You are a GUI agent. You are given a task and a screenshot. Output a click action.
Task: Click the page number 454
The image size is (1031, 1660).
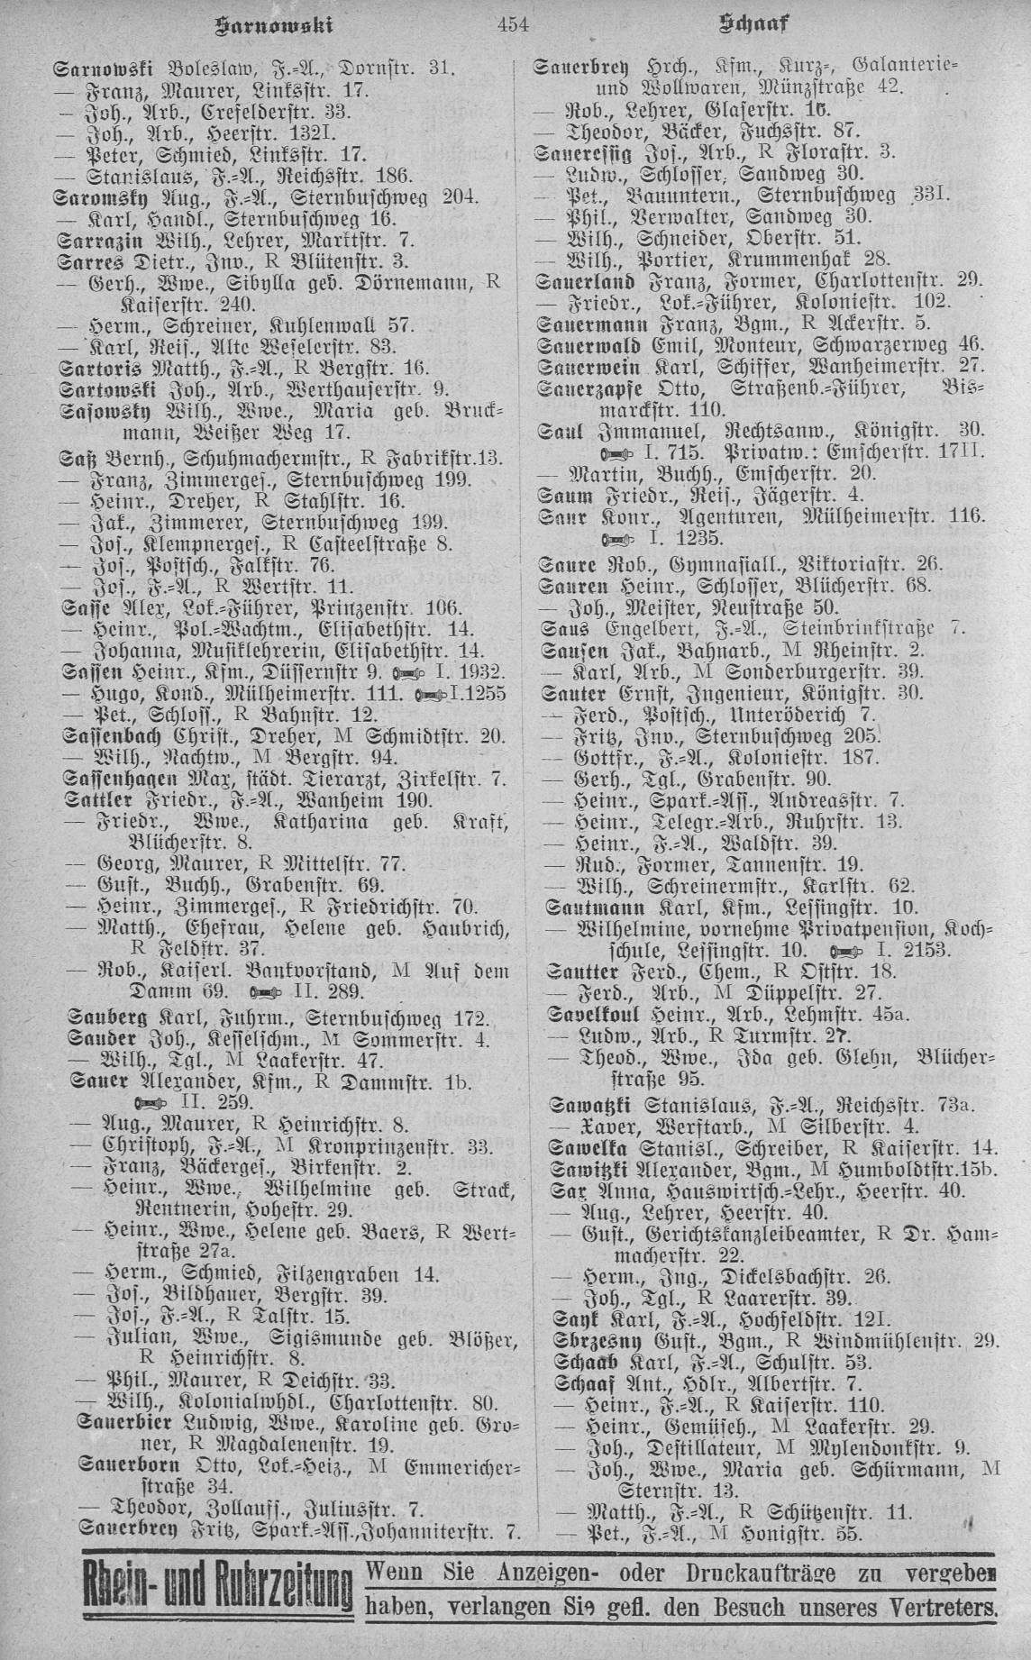coord(515,25)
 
